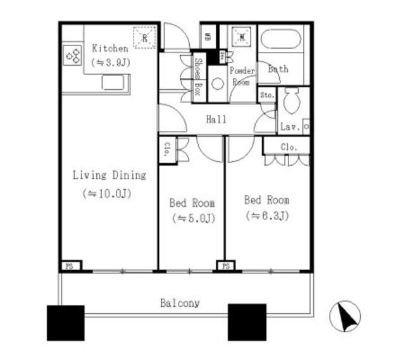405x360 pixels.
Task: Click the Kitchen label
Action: coord(110,48)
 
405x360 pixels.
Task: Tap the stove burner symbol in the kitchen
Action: coord(73,56)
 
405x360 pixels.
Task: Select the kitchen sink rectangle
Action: coord(114,83)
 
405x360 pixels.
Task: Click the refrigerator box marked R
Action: coord(144,38)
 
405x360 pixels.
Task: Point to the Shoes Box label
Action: coord(197,76)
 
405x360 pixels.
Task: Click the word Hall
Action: coord(216,118)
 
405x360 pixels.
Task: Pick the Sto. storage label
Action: coord(266,96)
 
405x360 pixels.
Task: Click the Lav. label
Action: coord(290,127)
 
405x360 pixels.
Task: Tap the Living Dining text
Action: coord(109,175)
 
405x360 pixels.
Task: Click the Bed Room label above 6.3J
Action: coord(267,200)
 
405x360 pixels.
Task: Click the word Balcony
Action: coord(180,303)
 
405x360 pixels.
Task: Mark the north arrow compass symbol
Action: coord(346,316)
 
